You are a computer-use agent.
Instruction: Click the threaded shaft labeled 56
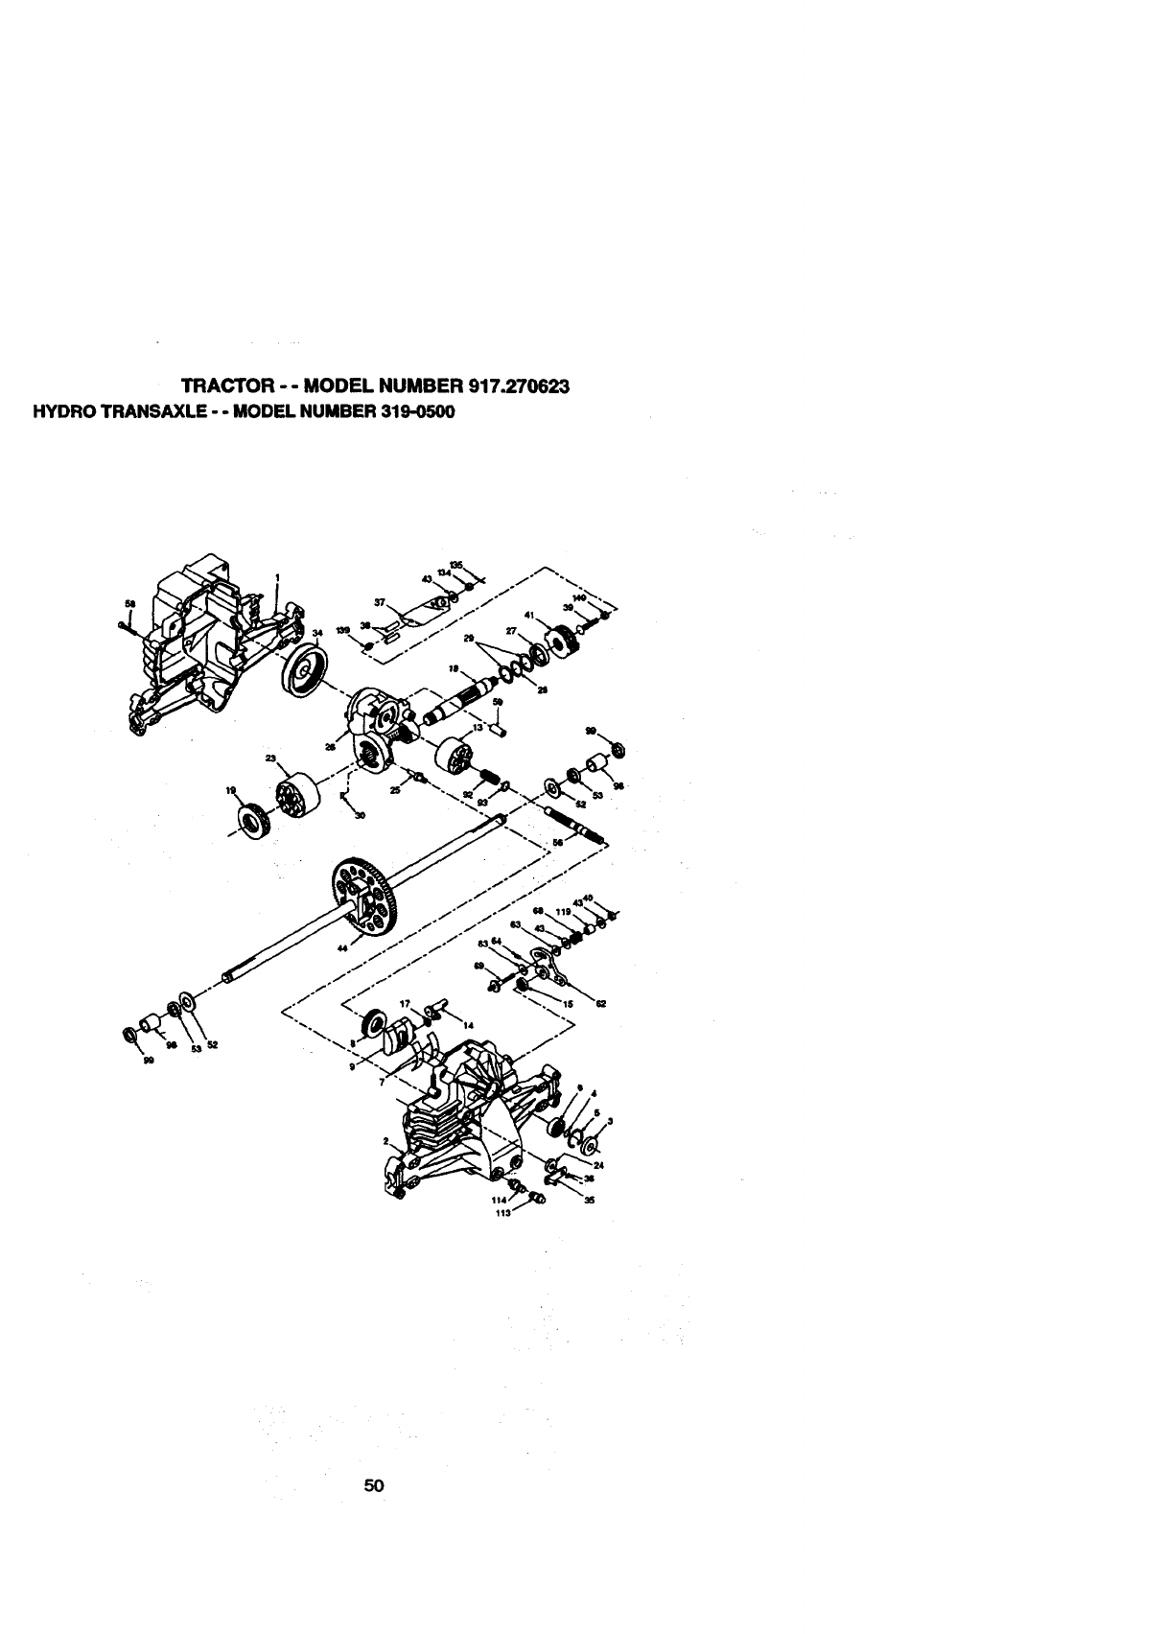point(575,824)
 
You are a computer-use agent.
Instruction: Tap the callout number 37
point(380,603)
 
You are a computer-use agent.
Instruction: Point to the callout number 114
point(498,1199)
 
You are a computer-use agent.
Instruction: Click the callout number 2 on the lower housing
point(385,1142)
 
